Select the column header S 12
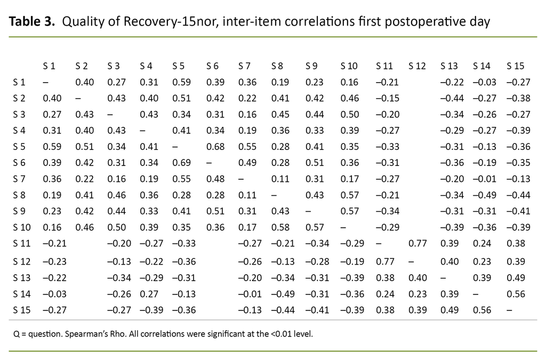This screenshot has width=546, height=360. [417, 66]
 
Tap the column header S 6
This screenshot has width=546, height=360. [212, 66]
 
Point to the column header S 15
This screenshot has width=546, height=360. [515, 66]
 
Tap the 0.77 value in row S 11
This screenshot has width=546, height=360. [417, 244]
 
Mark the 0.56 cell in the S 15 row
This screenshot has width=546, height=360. [482, 310]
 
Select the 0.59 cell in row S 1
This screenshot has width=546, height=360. [181, 82]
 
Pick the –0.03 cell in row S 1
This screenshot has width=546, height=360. [482, 82]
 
